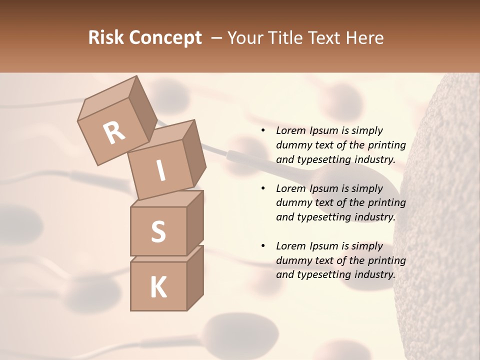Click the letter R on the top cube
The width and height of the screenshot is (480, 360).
114,133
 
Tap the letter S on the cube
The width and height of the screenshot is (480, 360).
158,232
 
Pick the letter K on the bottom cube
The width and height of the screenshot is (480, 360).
158,287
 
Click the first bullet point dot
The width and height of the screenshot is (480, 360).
263,130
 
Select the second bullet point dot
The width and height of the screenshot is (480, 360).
263,188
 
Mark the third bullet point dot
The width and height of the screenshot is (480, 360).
263,246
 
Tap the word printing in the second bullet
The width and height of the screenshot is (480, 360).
387,202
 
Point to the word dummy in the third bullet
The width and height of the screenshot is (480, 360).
292,260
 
